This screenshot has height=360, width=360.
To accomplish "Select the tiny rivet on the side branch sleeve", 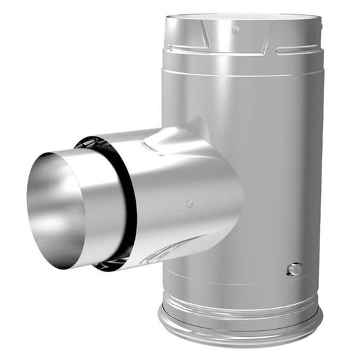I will (x=190, y=203).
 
